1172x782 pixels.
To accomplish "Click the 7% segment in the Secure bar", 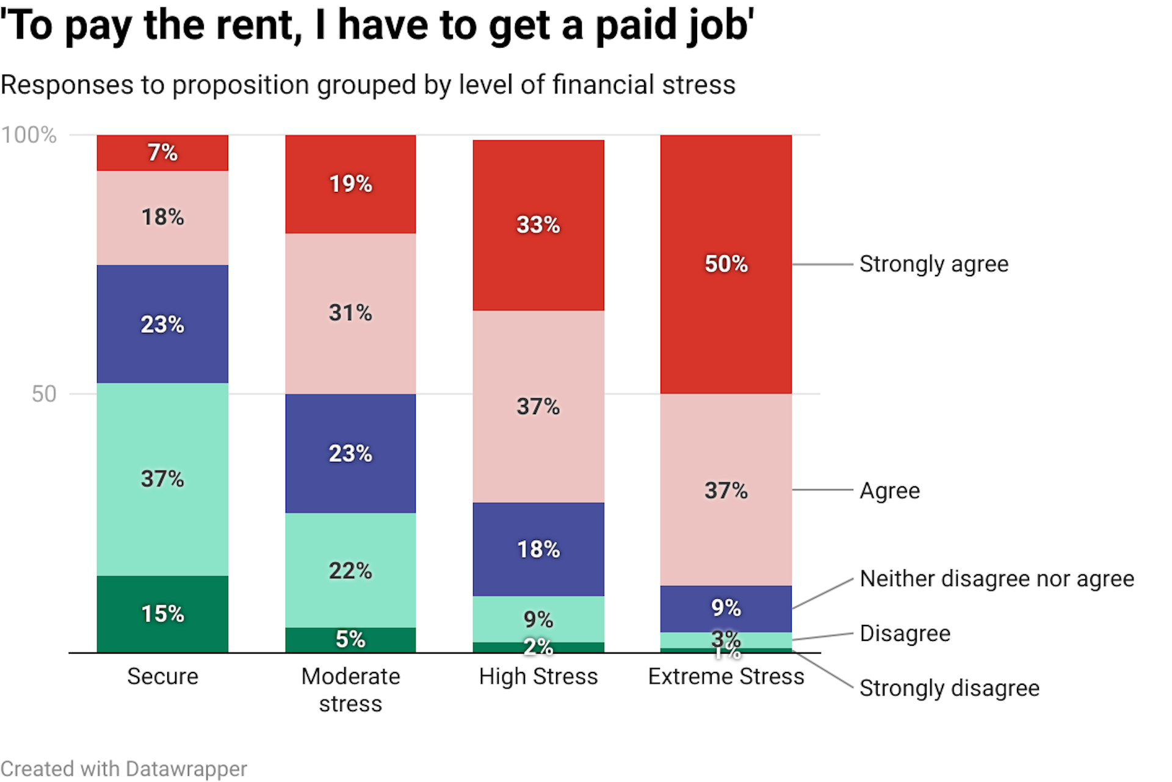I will coord(162,153).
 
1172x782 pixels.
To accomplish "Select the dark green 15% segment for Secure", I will coord(162,613).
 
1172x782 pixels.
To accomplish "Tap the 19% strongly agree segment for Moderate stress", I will coord(350,184).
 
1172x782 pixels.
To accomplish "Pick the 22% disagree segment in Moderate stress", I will coord(350,570).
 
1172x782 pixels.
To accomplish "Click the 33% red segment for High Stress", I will coord(538,225).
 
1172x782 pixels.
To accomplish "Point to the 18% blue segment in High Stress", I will coord(538,549).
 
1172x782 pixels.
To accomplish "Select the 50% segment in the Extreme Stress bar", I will coord(726,264).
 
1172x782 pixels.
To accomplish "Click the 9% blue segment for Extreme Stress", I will coord(726,608).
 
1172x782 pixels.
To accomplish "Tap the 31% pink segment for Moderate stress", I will coord(350,313).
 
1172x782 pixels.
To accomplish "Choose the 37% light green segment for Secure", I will coord(162,478).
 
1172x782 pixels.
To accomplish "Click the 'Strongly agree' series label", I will coord(933,264).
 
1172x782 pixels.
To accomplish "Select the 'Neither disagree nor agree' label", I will coord(996,579).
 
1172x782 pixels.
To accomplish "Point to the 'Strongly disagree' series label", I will coord(949,688).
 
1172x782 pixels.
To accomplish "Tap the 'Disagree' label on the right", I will coord(905,634).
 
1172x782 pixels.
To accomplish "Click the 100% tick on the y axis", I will coord(29,135).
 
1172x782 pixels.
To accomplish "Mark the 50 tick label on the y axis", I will coord(43,394).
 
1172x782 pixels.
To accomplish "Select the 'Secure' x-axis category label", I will coord(162,676).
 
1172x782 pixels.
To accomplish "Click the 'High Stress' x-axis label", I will coord(538,676).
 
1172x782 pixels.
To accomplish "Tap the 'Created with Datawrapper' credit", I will coord(123,769).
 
